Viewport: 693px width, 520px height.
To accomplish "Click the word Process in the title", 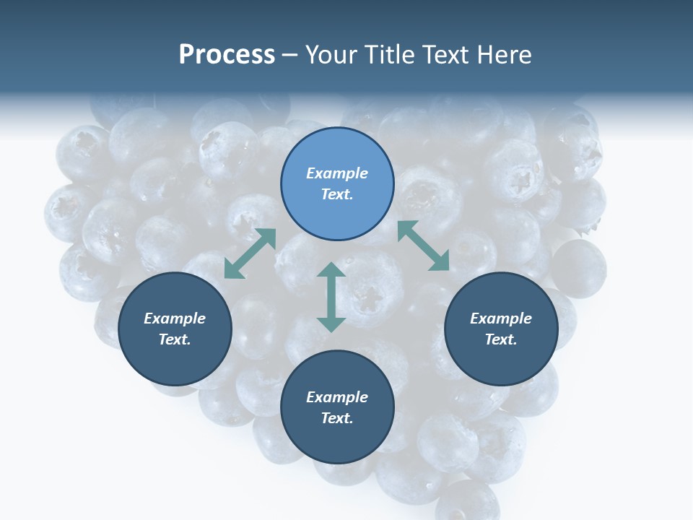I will coord(227,55).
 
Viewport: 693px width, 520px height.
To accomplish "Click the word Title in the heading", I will coord(389,55).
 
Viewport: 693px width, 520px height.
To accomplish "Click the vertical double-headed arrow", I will coord(331,297).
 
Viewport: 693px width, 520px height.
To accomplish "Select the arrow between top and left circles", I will coord(250,253).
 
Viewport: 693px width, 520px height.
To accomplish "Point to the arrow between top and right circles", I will coord(423,246).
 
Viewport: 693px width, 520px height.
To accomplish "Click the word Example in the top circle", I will coord(337,173).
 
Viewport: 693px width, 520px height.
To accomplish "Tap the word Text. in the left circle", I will coord(175,339).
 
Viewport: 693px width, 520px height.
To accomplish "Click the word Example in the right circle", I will coord(501,318).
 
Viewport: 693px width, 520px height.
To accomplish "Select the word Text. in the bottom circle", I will coord(337,418).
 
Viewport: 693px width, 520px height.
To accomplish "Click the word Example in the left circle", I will coord(175,318).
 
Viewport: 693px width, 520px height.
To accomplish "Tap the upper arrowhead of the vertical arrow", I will coord(331,271).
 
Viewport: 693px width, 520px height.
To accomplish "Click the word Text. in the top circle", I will coord(337,194).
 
